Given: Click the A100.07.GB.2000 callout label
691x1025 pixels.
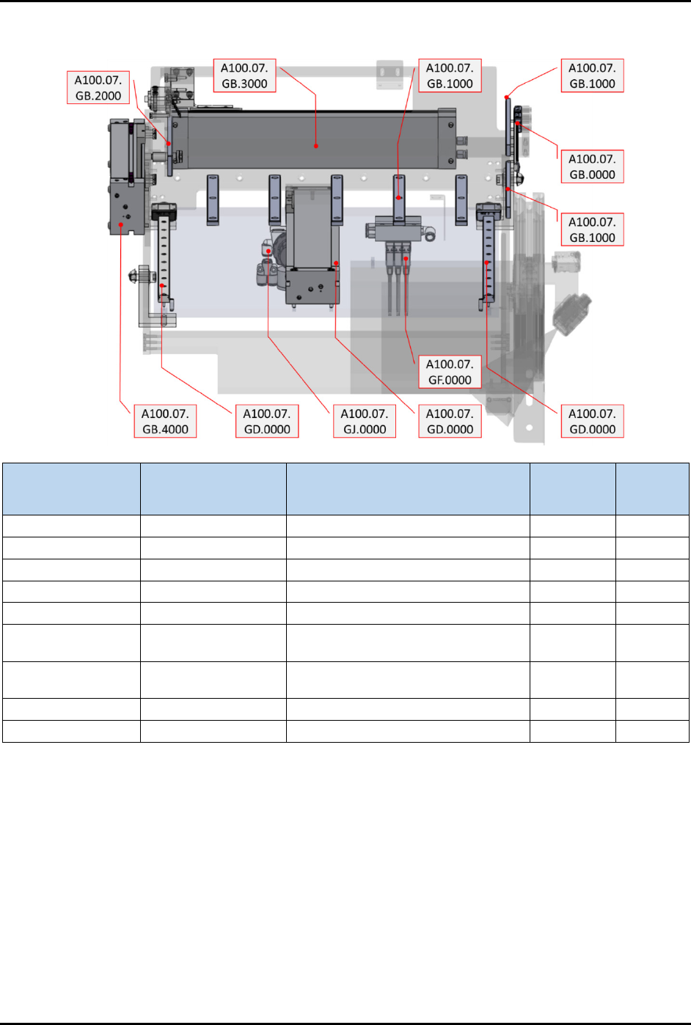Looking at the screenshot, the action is (98, 87).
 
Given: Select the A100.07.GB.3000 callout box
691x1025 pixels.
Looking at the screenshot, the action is (244, 76).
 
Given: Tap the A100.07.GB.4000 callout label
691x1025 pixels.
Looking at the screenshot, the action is (165, 421).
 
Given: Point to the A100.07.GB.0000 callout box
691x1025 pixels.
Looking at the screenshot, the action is (592, 166).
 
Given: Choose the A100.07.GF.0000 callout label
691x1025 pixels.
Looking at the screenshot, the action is (450, 372).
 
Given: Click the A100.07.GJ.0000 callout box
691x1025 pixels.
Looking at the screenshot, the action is (364, 421).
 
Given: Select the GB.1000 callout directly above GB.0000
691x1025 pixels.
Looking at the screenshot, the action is (592, 76).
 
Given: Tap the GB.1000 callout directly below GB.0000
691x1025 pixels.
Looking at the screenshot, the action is (592, 229).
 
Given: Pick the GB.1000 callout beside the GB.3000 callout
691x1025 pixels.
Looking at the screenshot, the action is (450, 76).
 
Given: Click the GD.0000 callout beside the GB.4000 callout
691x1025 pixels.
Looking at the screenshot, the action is (267, 421).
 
